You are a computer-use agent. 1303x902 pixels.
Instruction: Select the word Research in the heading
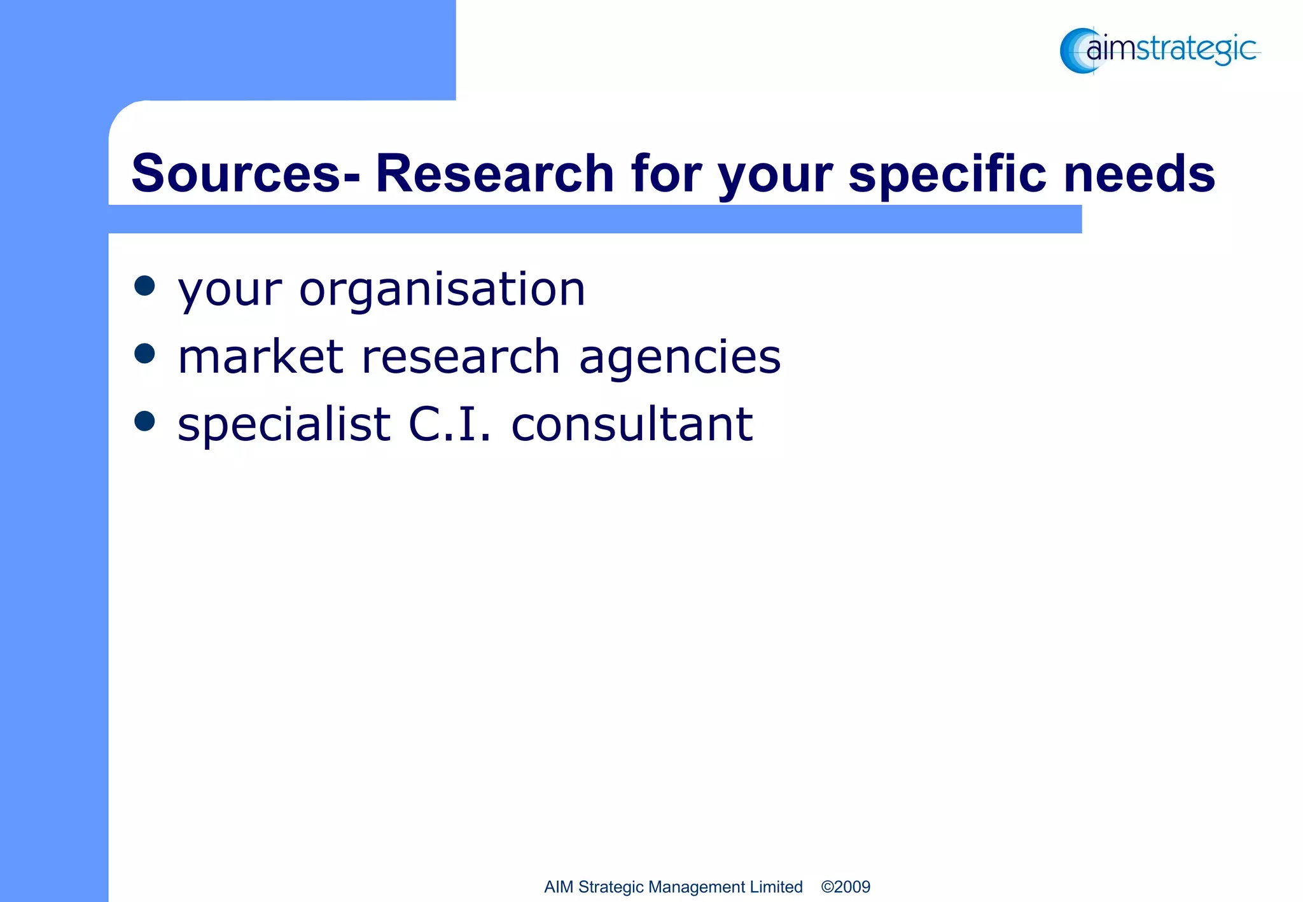click(494, 173)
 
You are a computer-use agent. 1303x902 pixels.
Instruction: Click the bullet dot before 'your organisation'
click(145, 286)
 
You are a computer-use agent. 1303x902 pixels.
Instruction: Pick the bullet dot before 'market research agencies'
click(145, 354)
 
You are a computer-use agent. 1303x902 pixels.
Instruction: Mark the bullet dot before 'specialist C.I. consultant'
click(145, 421)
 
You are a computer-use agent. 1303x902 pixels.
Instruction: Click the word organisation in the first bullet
click(442, 289)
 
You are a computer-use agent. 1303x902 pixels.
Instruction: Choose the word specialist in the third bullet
click(284, 424)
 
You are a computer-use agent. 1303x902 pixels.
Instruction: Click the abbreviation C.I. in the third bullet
click(450, 424)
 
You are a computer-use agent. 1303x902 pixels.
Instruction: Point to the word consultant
click(632, 424)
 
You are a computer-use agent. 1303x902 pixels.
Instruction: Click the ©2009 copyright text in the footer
click(846, 887)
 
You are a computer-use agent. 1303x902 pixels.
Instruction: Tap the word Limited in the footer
click(776, 887)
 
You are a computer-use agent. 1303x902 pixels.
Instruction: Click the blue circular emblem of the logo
click(1077, 51)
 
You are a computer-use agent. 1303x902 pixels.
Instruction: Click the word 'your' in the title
click(776, 174)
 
